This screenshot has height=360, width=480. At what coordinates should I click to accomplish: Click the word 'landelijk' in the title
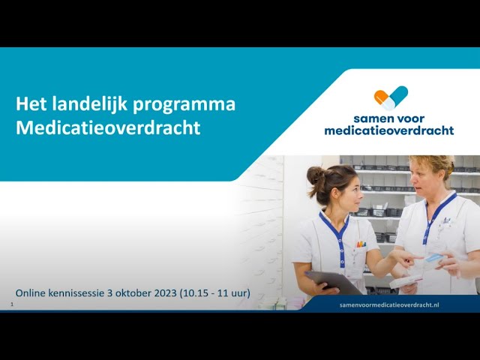83,104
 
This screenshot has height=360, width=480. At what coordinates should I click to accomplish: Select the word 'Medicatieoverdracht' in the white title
108,127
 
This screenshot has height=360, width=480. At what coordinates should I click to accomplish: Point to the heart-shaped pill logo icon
391,98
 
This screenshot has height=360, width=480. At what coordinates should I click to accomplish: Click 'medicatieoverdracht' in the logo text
388,130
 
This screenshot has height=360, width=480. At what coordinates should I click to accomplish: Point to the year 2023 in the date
160,292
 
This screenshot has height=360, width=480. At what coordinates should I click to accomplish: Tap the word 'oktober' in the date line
126,292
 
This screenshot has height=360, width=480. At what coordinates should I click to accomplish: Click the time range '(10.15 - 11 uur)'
215,292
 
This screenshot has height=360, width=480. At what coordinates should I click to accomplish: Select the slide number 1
12,304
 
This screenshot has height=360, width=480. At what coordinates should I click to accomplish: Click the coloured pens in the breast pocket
361,244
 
